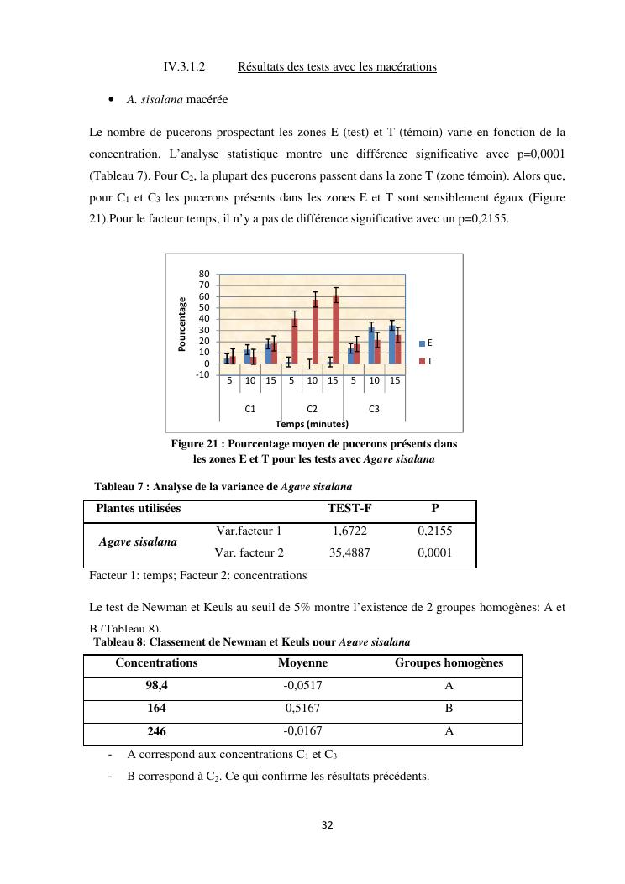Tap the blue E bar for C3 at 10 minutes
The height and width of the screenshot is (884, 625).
(371, 345)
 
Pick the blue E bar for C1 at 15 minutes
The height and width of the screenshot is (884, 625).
(268, 353)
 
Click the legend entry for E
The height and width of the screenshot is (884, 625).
(426, 343)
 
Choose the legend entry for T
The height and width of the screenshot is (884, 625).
(426, 361)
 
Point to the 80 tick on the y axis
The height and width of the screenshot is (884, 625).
(204, 274)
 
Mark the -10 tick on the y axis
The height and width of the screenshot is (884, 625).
(202, 374)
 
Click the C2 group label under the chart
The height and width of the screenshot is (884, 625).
(312, 409)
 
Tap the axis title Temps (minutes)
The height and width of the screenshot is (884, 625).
(311, 423)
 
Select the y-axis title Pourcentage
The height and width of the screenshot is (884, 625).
(182, 324)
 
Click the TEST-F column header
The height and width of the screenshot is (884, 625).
(349, 508)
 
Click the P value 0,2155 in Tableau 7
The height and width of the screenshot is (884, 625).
(434, 531)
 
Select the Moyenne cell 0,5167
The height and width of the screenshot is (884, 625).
(302, 707)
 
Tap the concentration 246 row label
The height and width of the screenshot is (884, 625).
(156, 730)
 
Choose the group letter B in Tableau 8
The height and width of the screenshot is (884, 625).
(449, 707)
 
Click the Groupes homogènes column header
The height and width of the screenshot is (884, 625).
(449, 663)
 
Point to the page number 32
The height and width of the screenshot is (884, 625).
(328, 825)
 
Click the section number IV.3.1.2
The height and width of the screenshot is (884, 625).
(185, 66)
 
